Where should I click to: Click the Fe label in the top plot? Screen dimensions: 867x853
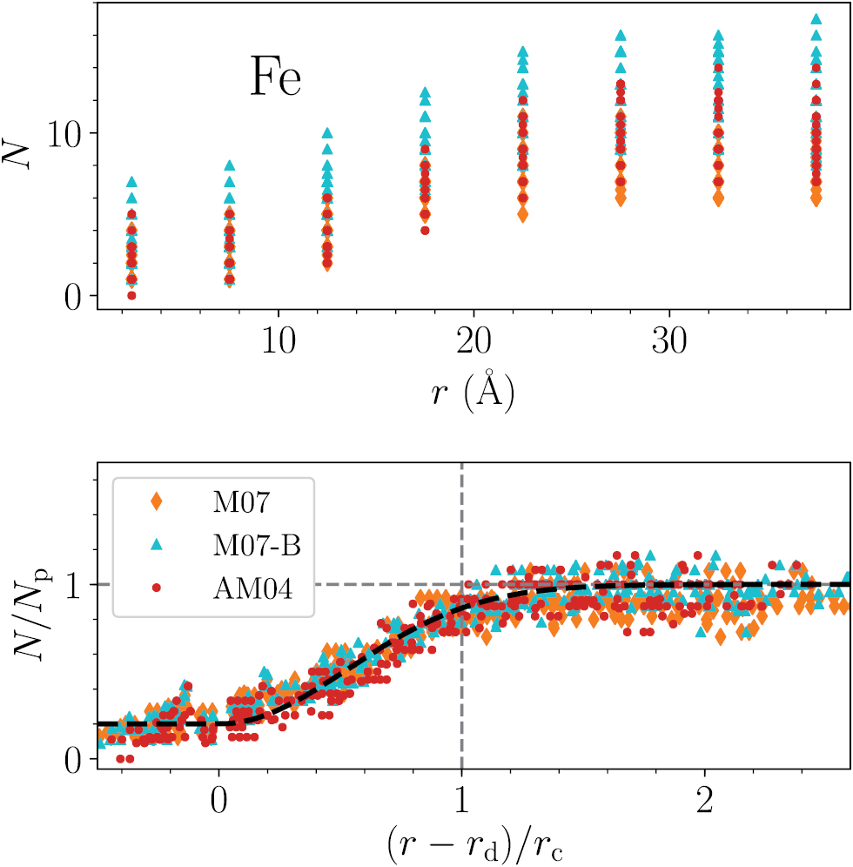click(x=276, y=79)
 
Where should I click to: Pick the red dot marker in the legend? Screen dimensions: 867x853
click(x=157, y=588)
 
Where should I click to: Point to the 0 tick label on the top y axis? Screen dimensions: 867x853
click(x=73, y=296)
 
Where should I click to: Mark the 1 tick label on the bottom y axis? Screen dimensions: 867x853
click(x=74, y=584)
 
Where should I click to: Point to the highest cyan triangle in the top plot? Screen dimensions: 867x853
click(x=816, y=18)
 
